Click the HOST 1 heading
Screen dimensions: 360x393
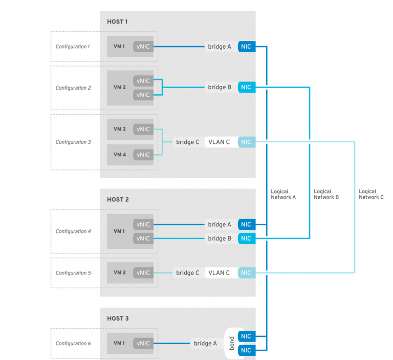point(117,22)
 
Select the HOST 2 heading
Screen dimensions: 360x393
point(117,199)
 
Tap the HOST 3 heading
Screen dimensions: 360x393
point(117,318)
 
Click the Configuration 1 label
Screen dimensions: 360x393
point(72,47)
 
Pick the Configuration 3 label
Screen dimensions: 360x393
point(73,142)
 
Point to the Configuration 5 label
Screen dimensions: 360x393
point(73,273)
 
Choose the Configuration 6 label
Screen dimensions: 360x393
point(73,343)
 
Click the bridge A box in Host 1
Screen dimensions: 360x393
point(220,47)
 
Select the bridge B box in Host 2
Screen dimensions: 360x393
point(220,238)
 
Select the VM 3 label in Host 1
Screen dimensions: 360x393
point(119,129)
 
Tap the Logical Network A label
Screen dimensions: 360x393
point(283,194)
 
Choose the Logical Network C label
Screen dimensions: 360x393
point(371,194)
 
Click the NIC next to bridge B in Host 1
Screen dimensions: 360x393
point(246,87)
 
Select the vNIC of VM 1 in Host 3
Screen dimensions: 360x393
point(143,343)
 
